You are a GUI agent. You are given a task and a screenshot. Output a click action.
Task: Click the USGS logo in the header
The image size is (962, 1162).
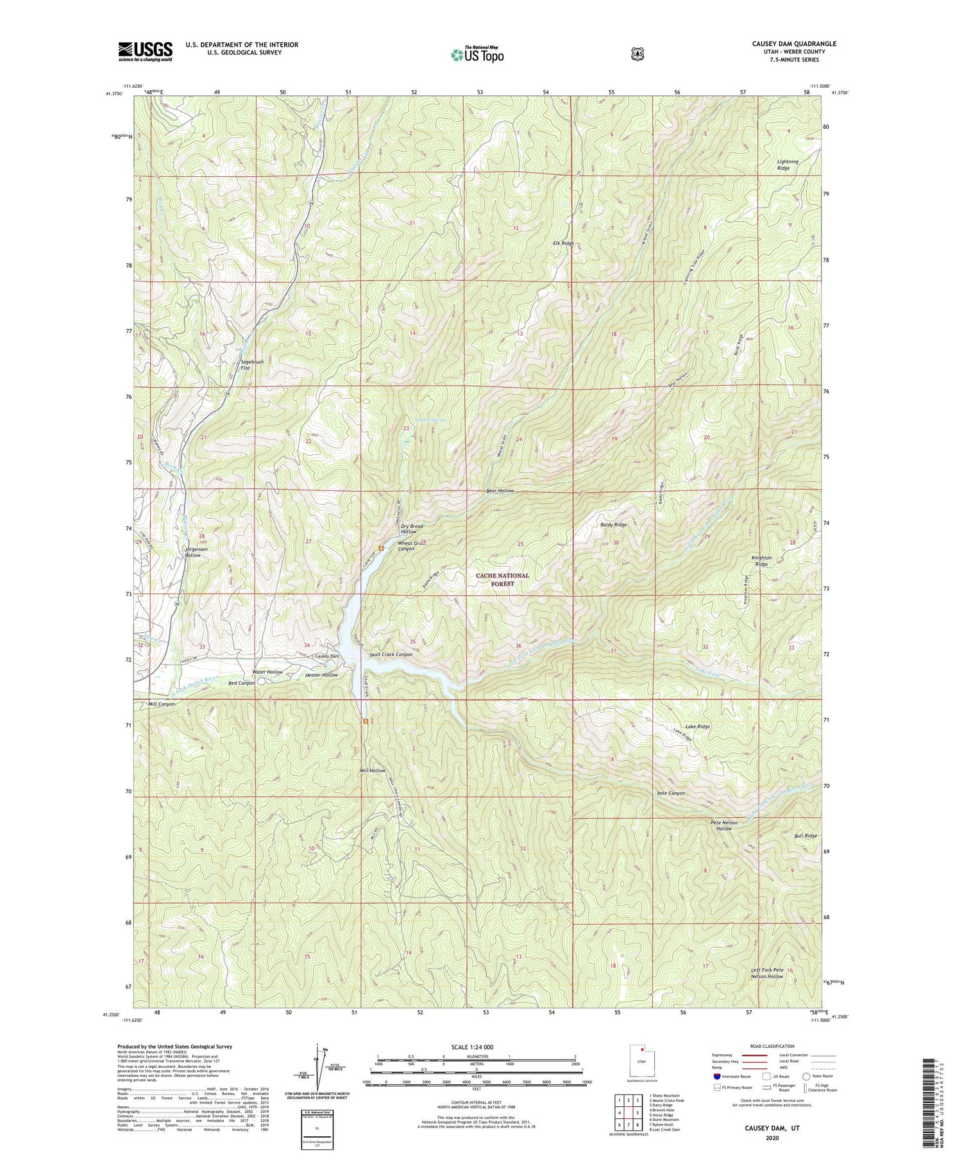[145, 51]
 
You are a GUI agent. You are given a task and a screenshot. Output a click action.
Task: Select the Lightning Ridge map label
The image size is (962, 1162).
[788, 165]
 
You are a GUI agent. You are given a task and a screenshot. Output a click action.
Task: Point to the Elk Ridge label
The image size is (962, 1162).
[563, 244]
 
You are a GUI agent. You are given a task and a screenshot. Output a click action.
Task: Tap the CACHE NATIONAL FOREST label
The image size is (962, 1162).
[503, 579]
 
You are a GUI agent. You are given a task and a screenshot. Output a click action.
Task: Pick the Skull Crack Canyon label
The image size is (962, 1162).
[391, 654]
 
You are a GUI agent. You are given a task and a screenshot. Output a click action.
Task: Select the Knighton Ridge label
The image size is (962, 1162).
[761, 561]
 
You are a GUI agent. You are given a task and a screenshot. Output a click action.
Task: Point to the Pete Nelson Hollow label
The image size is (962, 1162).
[724, 825]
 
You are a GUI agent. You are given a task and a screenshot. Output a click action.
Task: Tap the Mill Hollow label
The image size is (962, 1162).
[373, 770]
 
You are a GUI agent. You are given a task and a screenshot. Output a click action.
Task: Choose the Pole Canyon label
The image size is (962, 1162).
[671, 793]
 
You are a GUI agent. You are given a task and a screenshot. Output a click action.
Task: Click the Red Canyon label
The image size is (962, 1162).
[242, 683]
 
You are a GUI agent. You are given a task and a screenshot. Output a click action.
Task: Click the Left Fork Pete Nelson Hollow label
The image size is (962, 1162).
[767, 973]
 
